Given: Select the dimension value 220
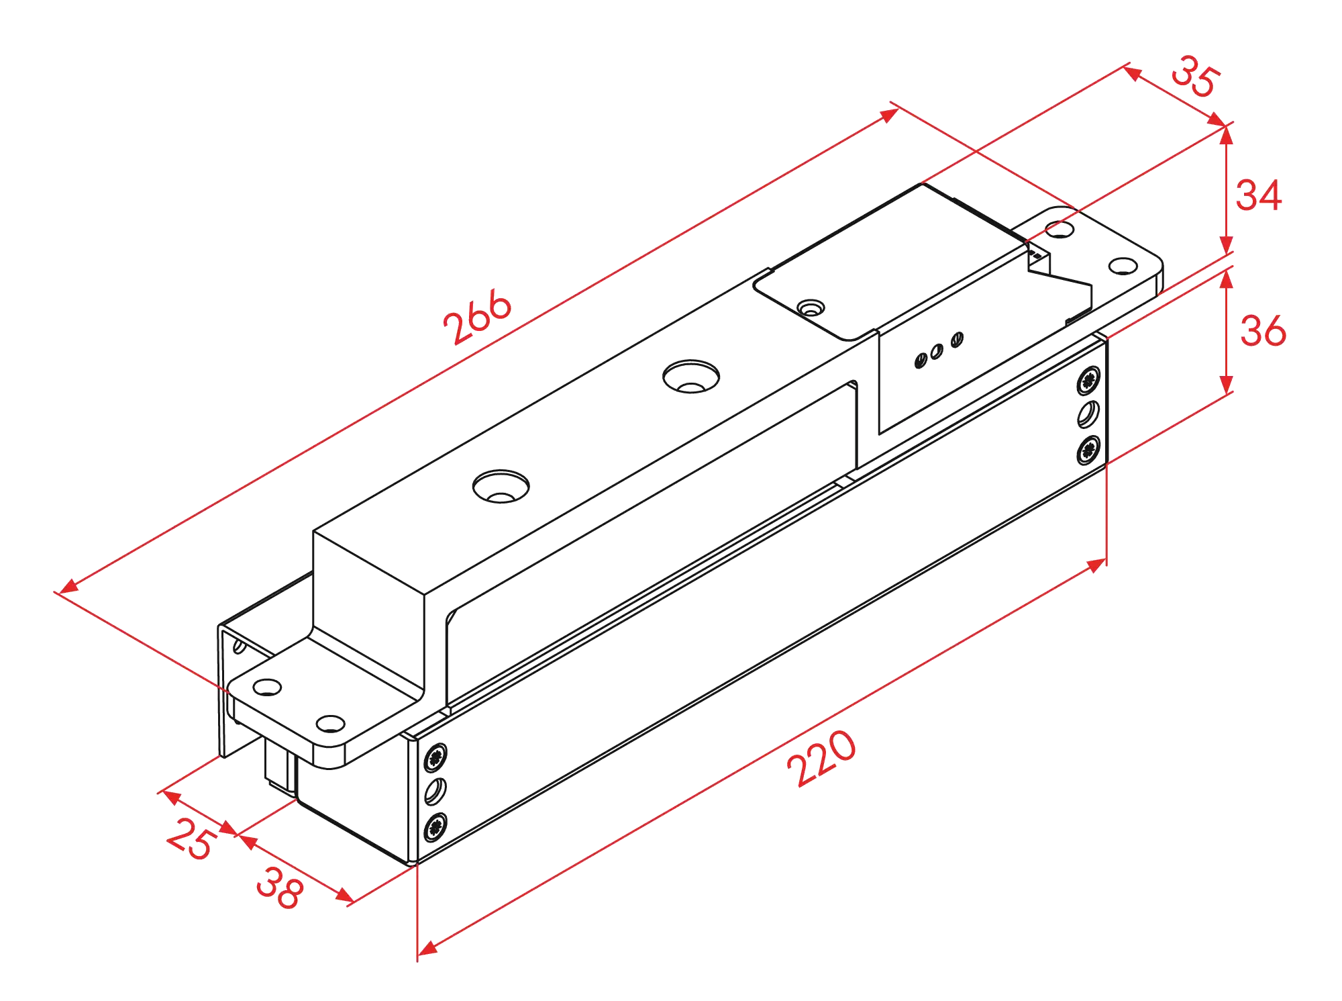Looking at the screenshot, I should (x=823, y=759).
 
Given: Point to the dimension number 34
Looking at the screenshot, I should (x=1257, y=195).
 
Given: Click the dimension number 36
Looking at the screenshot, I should (x=1262, y=330).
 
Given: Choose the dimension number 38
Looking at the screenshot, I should (x=280, y=888).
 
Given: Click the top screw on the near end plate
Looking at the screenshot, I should (x=437, y=757).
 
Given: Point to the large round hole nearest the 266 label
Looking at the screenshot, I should (x=691, y=377).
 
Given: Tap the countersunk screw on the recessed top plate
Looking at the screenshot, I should (x=811, y=308).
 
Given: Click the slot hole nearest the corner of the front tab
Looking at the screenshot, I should (x=331, y=724).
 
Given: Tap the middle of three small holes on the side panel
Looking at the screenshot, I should (x=937, y=351).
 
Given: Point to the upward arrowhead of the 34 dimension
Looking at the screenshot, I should (x=1225, y=135).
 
